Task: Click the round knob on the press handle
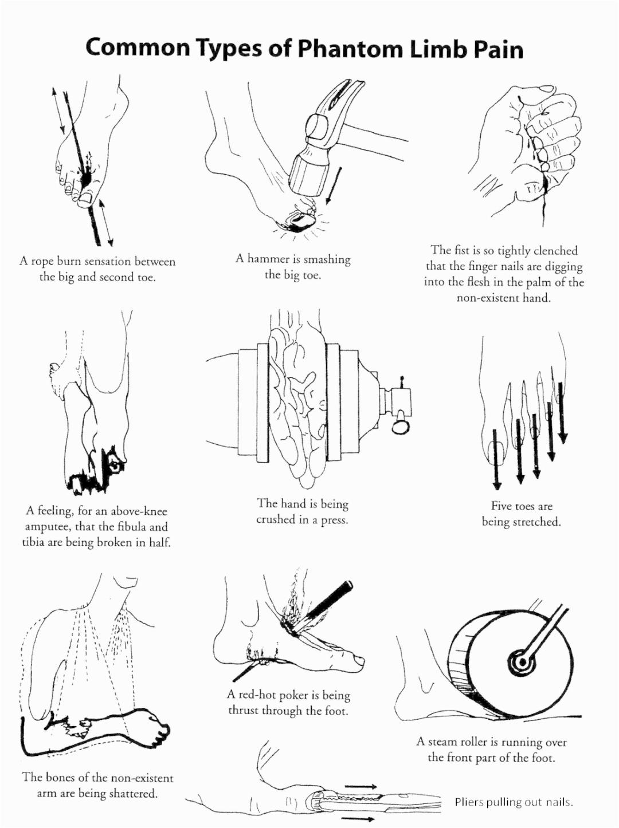point(400,426)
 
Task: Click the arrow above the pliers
point(361,773)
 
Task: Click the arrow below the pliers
point(358,819)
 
